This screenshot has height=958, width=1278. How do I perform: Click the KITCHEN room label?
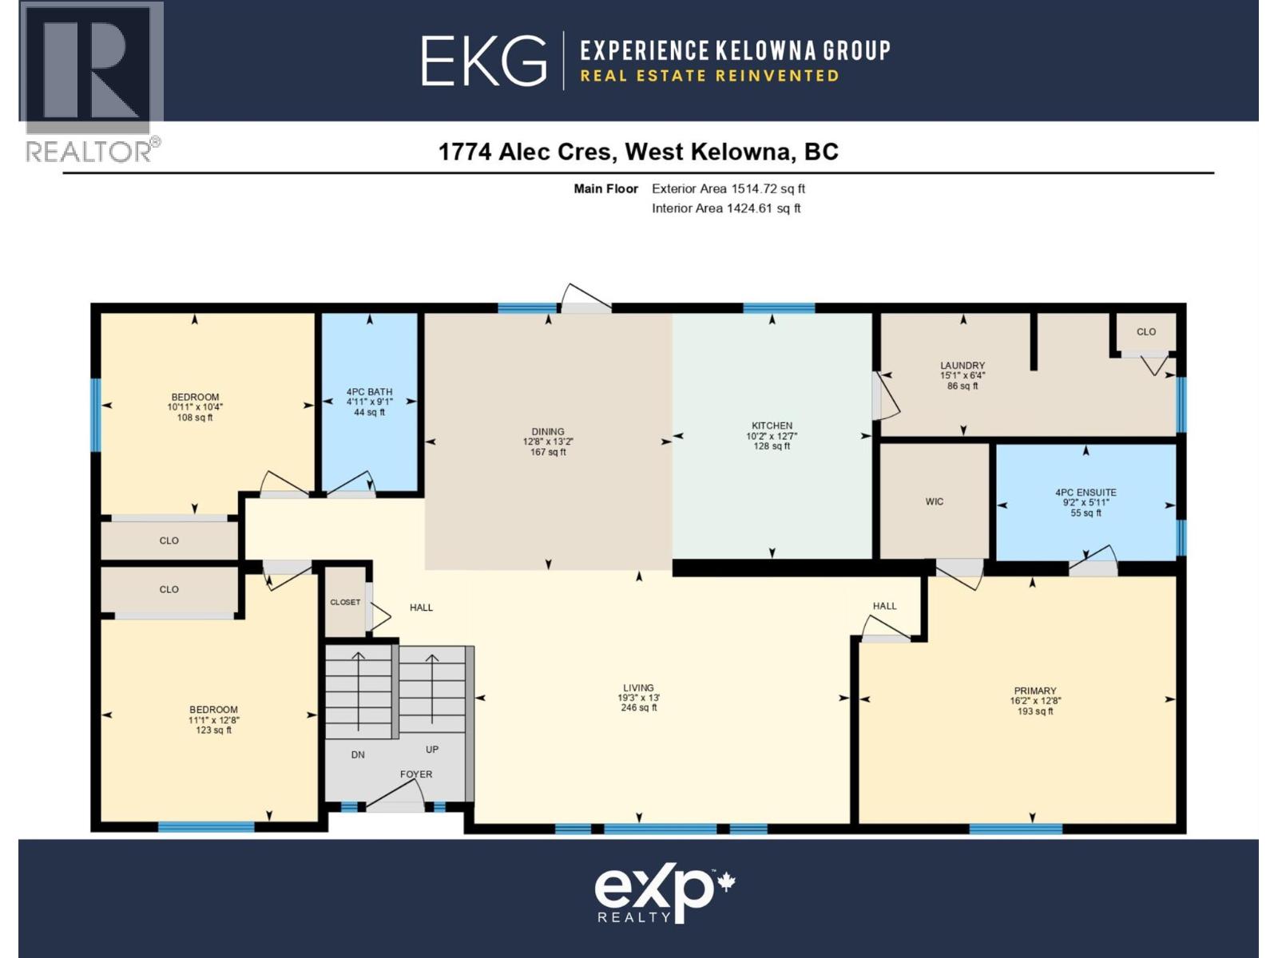(772, 426)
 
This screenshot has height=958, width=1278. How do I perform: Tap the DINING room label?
(548, 432)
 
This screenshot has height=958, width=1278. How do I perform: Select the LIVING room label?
(638, 688)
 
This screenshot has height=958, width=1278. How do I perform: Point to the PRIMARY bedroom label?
(1035, 691)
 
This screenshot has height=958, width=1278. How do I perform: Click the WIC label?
(935, 502)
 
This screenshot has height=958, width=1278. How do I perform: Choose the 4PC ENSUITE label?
(1086, 493)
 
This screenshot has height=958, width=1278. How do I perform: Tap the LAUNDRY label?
(962, 366)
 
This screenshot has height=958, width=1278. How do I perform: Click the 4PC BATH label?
(369, 392)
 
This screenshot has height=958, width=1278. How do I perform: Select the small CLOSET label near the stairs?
(345, 603)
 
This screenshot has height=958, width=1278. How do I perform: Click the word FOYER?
(416, 774)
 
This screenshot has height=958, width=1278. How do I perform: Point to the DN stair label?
(358, 754)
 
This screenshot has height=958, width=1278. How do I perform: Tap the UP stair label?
(432, 750)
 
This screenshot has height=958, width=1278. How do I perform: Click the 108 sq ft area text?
(195, 418)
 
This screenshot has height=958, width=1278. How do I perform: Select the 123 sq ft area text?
(213, 730)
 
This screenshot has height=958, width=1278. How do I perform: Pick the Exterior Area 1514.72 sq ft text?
(728, 189)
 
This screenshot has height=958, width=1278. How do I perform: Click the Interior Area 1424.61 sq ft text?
(726, 208)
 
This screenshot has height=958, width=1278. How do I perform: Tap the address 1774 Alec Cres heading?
(638, 152)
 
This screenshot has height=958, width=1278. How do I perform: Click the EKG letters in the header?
(484, 61)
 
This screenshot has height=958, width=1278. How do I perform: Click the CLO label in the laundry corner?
(1146, 332)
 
